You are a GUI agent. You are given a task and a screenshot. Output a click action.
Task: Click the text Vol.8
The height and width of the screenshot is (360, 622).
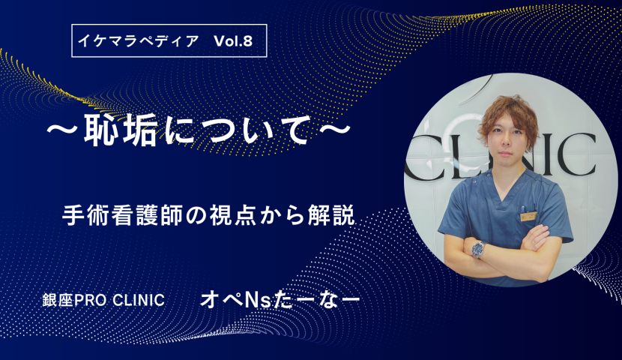point(233,41)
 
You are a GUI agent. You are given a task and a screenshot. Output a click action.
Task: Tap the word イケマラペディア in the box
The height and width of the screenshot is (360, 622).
point(138,41)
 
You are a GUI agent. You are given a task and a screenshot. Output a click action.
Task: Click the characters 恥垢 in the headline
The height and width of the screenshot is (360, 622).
point(120,131)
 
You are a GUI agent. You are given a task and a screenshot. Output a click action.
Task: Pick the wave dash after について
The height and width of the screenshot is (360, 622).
point(335,130)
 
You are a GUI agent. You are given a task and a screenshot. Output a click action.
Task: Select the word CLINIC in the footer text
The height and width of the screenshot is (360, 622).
point(139,301)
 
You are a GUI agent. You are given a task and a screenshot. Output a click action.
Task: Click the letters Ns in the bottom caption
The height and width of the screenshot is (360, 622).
point(258,301)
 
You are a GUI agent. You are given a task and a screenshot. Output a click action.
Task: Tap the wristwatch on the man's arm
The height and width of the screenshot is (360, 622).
point(478,249)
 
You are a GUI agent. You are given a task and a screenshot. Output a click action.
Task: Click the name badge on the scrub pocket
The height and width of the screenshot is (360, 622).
point(528,216)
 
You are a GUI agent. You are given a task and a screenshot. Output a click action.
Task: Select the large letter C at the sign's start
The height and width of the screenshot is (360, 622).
point(417,157)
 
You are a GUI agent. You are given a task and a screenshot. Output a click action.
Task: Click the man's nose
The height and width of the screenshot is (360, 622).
point(505,144)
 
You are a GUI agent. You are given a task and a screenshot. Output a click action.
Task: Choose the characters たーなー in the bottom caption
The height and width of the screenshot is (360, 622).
point(316,300)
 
